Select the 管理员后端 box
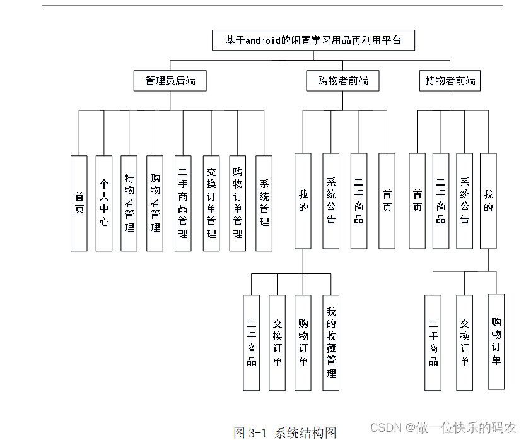pyautogui.click(x=170, y=81)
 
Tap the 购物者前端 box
pyautogui.click(x=343, y=81)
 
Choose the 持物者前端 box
pyautogui.click(x=450, y=81)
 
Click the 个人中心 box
pyautogui.click(x=104, y=203)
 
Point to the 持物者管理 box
pyautogui.click(x=129, y=203)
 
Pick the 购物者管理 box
pyautogui.click(x=155, y=203)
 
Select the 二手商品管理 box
pyautogui.click(x=183, y=203)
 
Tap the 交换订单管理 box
pyautogui.click(x=211, y=203)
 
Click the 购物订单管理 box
pyautogui.click(x=238, y=203)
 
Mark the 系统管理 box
pyautogui.click(x=264, y=203)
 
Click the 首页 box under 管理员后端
pyautogui.click(x=79, y=203)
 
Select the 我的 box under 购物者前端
pyautogui.click(x=303, y=201)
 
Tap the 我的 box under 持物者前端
pyautogui.click(x=488, y=201)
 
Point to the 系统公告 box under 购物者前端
pyautogui.click(x=331, y=201)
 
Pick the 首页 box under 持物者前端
pyautogui.click(x=417, y=201)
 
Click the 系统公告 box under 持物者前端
pyautogui.click(x=465, y=201)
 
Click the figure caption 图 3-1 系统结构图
pyautogui.click(x=285, y=432)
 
